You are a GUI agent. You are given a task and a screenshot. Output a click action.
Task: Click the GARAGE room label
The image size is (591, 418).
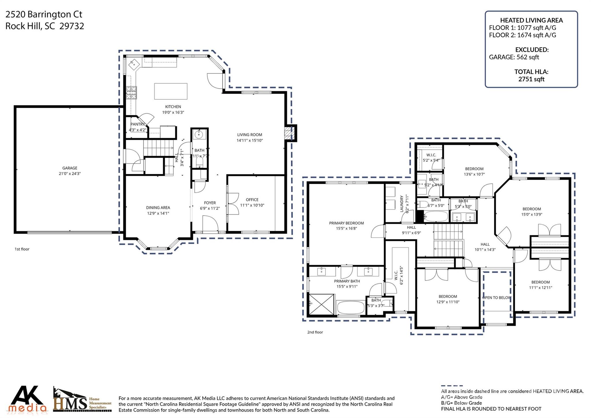click(x=70, y=168)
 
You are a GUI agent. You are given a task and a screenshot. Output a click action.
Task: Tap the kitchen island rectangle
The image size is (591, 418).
click(x=171, y=91)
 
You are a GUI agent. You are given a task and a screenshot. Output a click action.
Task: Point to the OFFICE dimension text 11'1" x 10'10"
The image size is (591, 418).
click(x=252, y=205)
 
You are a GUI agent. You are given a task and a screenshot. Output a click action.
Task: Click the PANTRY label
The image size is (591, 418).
click(x=137, y=124)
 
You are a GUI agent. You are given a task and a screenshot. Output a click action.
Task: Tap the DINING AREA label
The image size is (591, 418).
click(x=158, y=207)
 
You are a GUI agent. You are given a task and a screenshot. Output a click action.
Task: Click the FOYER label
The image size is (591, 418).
click(x=210, y=203)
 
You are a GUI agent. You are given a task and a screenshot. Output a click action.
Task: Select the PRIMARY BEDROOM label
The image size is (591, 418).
click(x=346, y=223)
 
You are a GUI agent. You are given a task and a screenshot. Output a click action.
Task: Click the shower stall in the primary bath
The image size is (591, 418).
click(x=321, y=304)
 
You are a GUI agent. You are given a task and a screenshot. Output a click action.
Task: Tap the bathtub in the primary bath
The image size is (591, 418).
click(x=351, y=308)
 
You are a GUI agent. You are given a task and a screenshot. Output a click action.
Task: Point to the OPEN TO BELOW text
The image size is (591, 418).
click(x=496, y=298)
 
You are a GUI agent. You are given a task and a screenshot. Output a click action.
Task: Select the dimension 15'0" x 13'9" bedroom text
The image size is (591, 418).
click(x=532, y=215)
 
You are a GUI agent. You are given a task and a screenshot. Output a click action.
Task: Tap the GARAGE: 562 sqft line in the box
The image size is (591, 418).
click(x=514, y=57)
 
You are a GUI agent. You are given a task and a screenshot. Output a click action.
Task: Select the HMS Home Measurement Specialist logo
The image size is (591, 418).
click(x=82, y=400)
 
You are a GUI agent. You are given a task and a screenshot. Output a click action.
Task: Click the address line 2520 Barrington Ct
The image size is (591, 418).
click(x=44, y=14)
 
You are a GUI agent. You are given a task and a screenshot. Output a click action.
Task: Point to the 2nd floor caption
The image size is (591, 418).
click(x=315, y=332)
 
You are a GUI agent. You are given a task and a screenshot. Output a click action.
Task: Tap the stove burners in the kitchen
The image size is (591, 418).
click(x=131, y=93)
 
